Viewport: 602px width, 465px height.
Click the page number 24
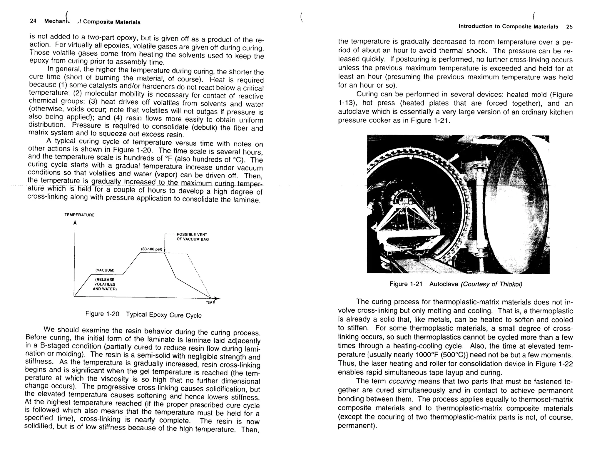[x=33, y=21]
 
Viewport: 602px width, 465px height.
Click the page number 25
[x=569, y=27]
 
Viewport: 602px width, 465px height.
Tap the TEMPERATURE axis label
[x=79, y=215]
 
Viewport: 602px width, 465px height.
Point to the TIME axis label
[x=210, y=303]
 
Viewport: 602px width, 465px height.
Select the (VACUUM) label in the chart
[x=105, y=270]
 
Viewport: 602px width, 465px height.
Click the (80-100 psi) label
[x=152, y=249]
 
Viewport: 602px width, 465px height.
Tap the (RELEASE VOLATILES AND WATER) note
[x=105, y=284]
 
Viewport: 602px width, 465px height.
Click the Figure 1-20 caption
[x=143, y=315]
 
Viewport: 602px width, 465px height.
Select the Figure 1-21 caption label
[x=406, y=284]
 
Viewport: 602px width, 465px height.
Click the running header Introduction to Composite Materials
[x=508, y=27]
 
